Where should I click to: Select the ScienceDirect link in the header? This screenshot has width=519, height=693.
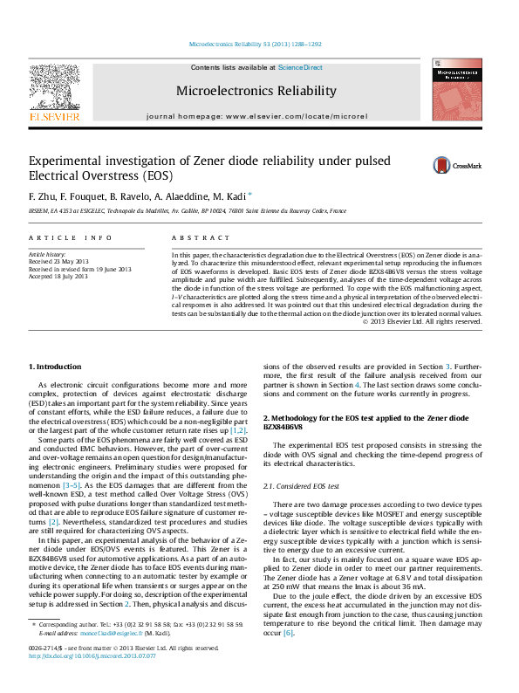[x=300, y=67]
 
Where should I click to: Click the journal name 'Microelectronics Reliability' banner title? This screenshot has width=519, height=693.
[x=256, y=91]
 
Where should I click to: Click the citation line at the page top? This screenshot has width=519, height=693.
[x=256, y=44]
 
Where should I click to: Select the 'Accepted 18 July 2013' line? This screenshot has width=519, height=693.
[x=58, y=276]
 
